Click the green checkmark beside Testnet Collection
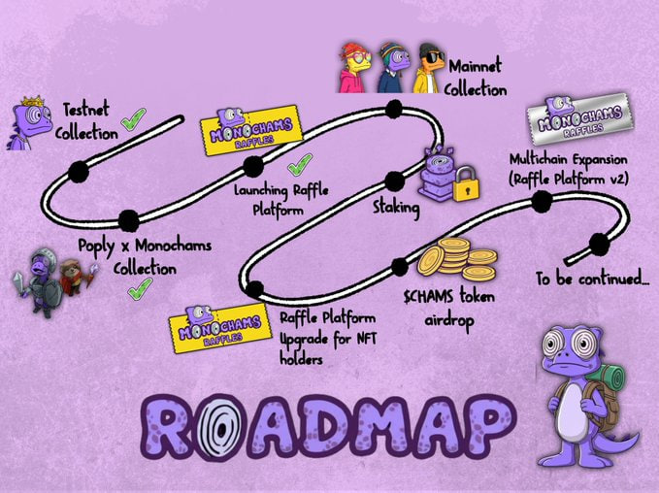click(x=133, y=119)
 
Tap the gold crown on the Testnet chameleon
click(x=33, y=101)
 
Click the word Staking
click(x=396, y=208)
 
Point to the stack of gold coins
click(x=457, y=259)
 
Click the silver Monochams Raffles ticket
click(x=580, y=118)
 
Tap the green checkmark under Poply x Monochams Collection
click(x=140, y=289)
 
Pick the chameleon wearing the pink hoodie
click(x=353, y=67)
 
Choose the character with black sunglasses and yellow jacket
click(x=430, y=68)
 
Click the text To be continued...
click(x=592, y=279)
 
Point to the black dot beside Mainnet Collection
click(x=394, y=110)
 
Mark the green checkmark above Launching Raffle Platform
click(x=300, y=164)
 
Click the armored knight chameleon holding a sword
click(x=42, y=281)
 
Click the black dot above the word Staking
click(x=394, y=181)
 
